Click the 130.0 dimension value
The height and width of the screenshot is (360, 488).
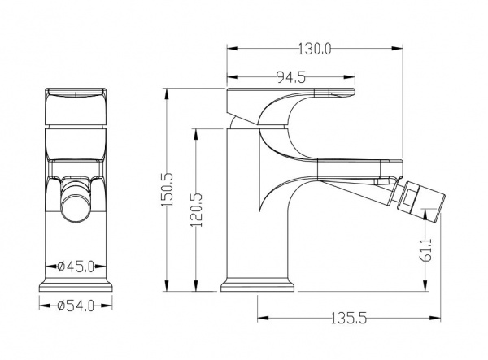315,49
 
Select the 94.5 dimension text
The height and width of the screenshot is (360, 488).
291,77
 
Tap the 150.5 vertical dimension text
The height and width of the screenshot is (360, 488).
168,189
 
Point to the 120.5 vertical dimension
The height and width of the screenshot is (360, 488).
196,210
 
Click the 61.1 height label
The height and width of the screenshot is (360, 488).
426,250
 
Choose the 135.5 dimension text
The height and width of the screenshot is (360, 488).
349,319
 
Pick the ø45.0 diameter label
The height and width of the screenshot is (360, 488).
76,267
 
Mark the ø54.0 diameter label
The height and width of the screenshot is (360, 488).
76,306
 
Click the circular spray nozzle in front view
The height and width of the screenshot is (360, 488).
76,208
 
